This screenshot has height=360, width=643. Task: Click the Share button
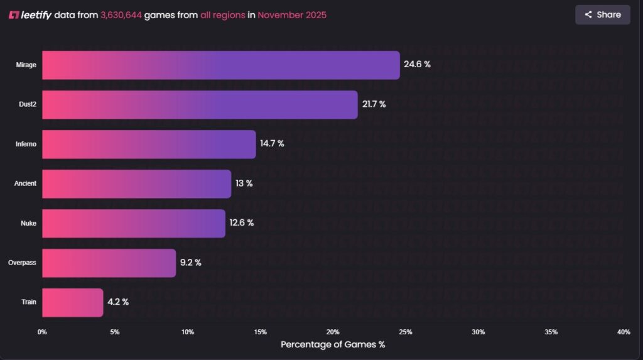(602, 14)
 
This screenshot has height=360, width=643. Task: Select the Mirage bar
(220, 65)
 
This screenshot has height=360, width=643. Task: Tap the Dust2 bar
(200, 104)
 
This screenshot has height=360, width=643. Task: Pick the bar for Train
(72, 302)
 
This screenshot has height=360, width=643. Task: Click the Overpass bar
(109, 263)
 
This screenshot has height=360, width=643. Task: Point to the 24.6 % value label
(417, 65)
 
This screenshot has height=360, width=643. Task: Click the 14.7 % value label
(272, 144)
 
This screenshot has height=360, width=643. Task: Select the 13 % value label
(244, 183)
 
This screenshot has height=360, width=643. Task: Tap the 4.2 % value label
(117, 302)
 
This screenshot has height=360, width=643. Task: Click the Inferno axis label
(26, 144)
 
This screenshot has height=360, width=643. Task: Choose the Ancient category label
(25, 183)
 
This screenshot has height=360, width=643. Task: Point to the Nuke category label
(29, 223)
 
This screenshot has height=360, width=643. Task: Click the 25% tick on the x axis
(406, 332)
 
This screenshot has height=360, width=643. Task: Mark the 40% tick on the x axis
(624, 332)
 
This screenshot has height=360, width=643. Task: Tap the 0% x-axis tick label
(42, 332)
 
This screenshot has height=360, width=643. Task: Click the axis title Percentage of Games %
(333, 344)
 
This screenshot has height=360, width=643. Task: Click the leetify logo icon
(14, 15)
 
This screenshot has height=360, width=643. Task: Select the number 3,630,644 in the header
(121, 15)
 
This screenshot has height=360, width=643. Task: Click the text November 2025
(292, 15)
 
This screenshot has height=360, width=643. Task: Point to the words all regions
(222, 15)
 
